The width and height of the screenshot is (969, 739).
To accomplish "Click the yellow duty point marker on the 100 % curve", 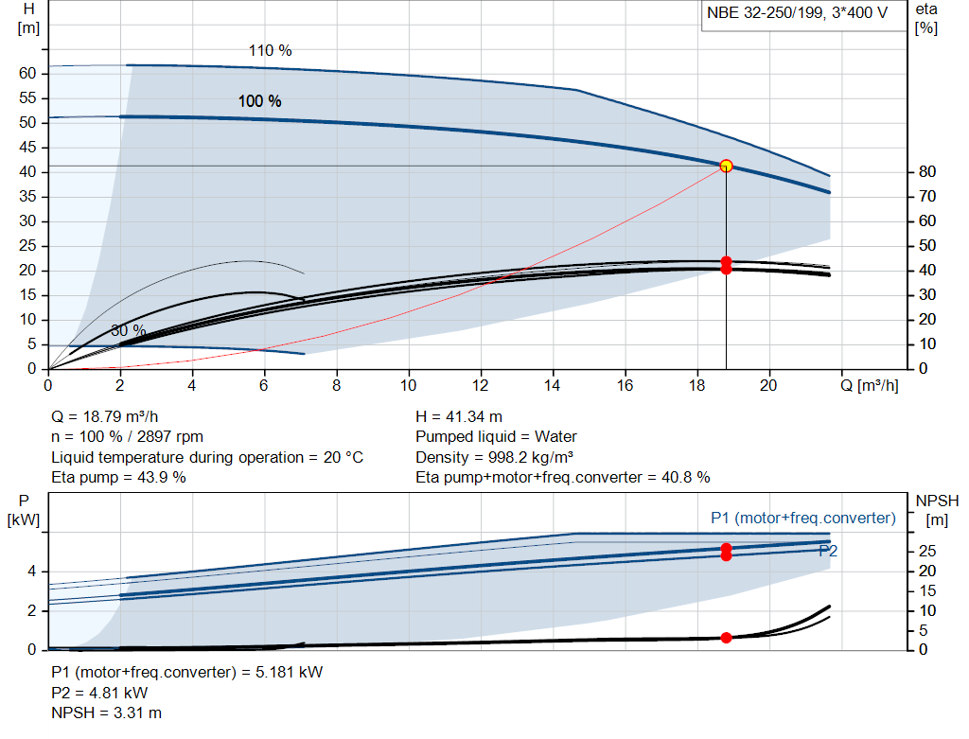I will pos(726,166).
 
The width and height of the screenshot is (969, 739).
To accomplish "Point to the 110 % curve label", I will pos(270,51).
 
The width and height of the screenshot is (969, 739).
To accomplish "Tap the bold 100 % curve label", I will pos(259,101).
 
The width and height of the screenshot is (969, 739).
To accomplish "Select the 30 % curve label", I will pos(128,331).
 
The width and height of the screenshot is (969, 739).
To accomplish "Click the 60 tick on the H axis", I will pos(27,74).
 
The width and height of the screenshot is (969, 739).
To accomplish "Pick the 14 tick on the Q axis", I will pos(553,385).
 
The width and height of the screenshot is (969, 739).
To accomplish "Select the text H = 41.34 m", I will pos(459,416).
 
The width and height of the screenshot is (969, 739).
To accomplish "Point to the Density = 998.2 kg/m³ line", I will pos(494,457).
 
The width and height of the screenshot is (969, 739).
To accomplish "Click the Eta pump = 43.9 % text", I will pos(118,477).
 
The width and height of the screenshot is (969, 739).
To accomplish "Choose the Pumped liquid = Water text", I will pos(496,436).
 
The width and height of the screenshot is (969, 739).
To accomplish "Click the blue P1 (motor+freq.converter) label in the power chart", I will pos(802,518).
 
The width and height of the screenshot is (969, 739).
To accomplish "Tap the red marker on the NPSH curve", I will pos(726,638).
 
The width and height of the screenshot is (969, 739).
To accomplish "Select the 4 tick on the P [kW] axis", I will pos(32,572).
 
